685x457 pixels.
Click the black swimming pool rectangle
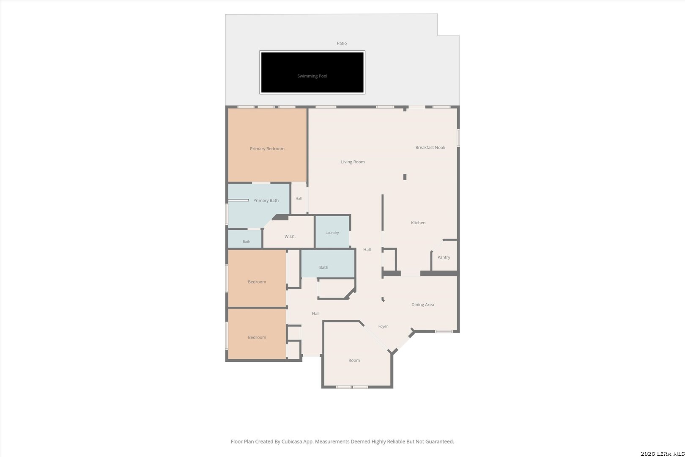pyautogui.click(x=312, y=72)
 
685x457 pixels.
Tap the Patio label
pyautogui.click(x=342, y=43)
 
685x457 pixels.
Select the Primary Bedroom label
pyautogui.click(x=267, y=149)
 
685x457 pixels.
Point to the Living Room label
pyautogui.click(x=353, y=162)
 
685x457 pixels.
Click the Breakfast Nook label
pyautogui.click(x=430, y=148)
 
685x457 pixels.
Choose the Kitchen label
pyautogui.click(x=418, y=223)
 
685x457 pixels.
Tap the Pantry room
pyautogui.click(x=444, y=256)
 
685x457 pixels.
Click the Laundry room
pyautogui.click(x=332, y=231)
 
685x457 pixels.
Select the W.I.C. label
pyautogui.click(x=290, y=237)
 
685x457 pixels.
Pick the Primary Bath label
pyautogui.click(x=266, y=201)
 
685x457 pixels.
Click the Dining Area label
pyautogui.click(x=422, y=305)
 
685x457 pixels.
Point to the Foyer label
pyautogui.click(x=383, y=326)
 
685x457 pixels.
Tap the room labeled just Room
pyautogui.click(x=354, y=360)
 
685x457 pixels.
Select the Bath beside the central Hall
pyautogui.click(x=328, y=264)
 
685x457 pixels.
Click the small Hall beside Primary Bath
pyautogui.click(x=299, y=198)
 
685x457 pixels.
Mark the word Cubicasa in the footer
pyautogui.click(x=291, y=441)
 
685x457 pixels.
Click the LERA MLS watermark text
pyautogui.click(x=662, y=453)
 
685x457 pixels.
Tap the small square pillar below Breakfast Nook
pyautogui.click(x=405, y=177)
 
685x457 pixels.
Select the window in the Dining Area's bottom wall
pyautogui.click(x=444, y=331)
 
